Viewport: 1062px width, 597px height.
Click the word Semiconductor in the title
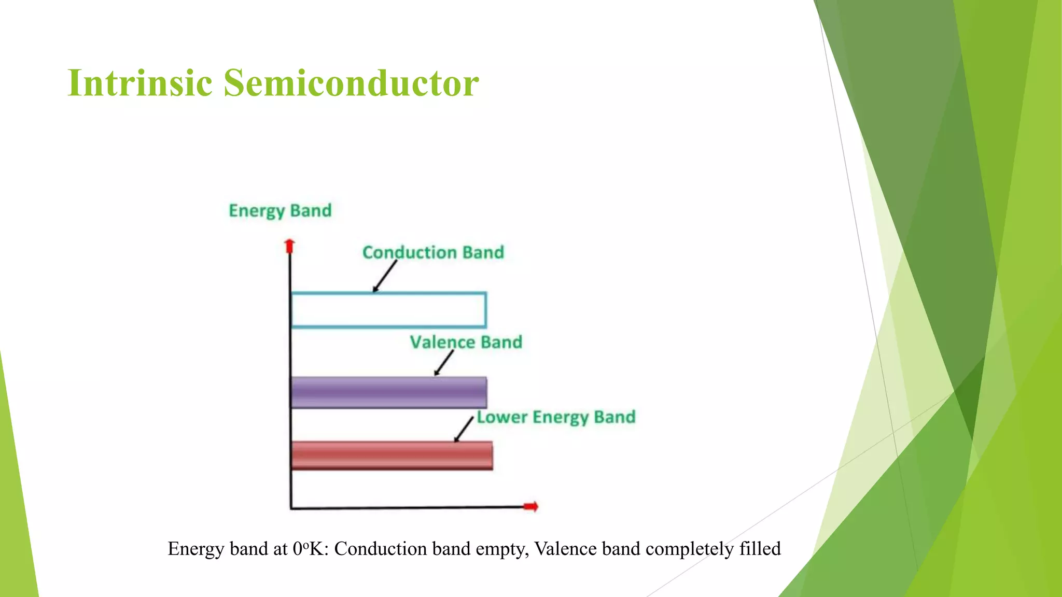coord(351,83)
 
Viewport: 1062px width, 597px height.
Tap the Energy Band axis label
coord(280,210)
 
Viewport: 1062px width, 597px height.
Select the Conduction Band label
coord(433,252)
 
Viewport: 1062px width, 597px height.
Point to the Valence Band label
coord(466,342)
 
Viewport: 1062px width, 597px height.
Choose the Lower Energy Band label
coord(556,417)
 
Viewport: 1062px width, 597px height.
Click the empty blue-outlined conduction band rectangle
coord(389,310)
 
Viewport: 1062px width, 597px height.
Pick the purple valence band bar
coord(389,392)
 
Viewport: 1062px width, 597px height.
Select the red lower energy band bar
coord(392,456)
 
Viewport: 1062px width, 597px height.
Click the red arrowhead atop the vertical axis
coord(290,245)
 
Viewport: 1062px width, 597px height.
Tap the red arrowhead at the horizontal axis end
coord(532,506)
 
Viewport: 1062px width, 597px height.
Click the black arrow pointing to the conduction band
coord(385,277)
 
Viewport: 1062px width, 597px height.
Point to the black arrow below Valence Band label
coord(444,363)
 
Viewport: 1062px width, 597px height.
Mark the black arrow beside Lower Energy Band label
coord(464,429)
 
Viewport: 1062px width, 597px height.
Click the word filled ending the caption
coord(760,549)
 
